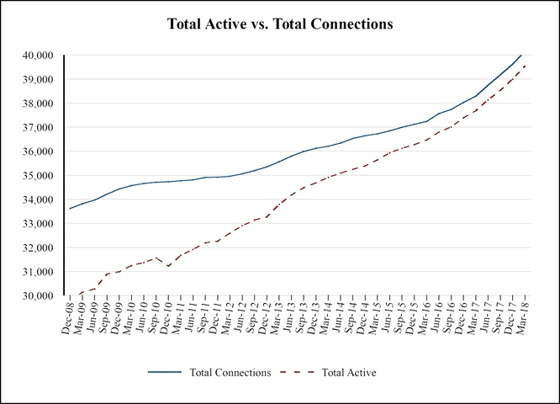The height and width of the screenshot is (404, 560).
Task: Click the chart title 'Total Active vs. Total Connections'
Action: (x=279, y=24)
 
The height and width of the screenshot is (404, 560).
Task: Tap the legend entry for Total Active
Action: (x=347, y=371)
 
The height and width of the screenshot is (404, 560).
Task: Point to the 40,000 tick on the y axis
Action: (x=37, y=56)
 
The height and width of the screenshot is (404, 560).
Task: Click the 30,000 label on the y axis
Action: (x=37, y=296)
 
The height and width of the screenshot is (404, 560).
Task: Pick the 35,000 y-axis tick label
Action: (x=37, y=176)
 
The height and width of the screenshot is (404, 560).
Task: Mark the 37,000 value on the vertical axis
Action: (x=37, y=128)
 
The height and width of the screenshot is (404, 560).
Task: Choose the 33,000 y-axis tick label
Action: (x=37, y=224)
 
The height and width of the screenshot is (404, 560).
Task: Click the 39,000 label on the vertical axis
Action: (x=37, y=80)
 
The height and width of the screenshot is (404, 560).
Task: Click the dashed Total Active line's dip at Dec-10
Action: (x=169, y=266)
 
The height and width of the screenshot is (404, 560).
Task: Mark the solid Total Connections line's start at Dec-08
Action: (x=70, y=209)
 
